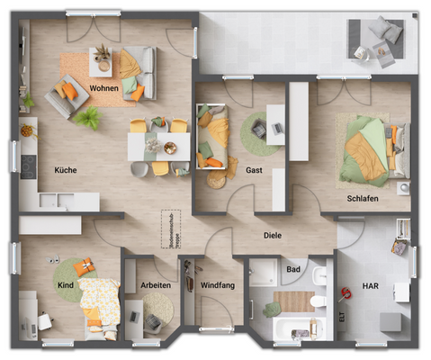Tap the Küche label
[x=65, y=169]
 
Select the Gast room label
[x=254, y=169]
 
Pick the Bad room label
[x=293, y=268]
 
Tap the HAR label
[x=370, y=285]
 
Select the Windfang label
[x=217, y=285]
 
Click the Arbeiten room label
[x=156, y=285]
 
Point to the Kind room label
[x=66, y=285]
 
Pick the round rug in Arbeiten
[x=158, y=310]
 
